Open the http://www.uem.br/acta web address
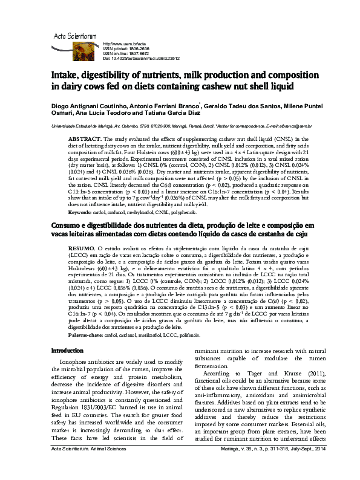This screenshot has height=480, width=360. (125, 44)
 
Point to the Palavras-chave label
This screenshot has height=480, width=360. (85, 334)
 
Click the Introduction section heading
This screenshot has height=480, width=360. (68, 351)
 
